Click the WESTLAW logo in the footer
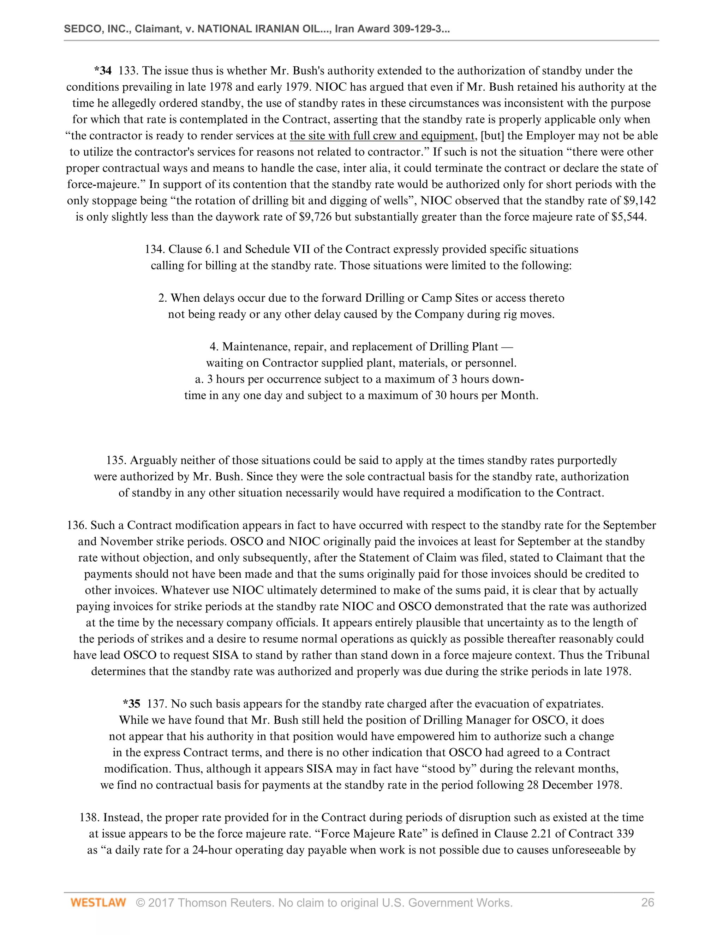pos(98,903)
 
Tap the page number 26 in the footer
pos(647,903)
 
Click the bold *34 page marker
pos(103,71)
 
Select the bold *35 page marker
pos(131,704)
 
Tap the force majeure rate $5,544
pos(629,217)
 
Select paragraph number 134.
pos(155,249)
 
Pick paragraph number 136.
pos(77,525)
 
